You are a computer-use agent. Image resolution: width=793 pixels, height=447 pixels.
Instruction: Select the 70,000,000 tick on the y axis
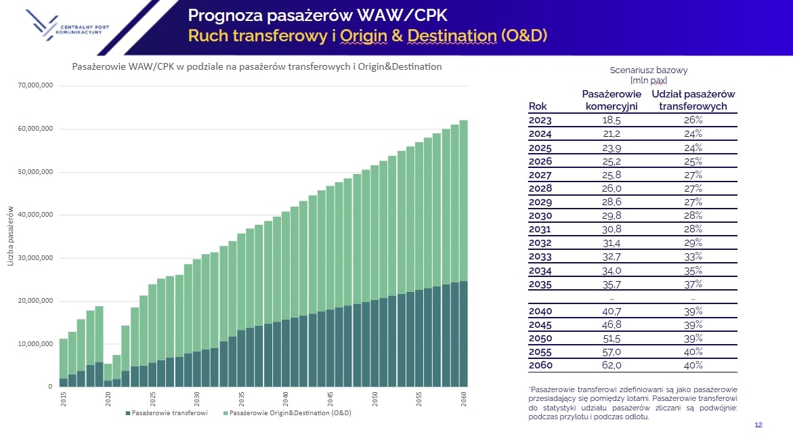coord(35,86)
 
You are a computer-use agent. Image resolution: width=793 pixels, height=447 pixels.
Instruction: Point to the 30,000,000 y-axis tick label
coord(35,258)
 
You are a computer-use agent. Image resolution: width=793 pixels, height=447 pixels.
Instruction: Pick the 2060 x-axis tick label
coord(464,397)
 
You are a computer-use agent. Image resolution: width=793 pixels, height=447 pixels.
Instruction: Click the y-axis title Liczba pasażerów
coord(11,236)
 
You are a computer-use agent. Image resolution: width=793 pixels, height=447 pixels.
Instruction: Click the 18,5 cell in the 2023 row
coord(612,121)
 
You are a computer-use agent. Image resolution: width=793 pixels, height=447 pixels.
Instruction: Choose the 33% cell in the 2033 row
coord(693,257)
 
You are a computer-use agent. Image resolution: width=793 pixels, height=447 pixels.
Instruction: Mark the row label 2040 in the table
coord(540,312)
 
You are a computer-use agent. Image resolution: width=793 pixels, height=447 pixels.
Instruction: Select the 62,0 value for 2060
coord(612,366)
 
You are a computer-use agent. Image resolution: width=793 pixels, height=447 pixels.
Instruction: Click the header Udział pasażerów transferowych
coord(693,100)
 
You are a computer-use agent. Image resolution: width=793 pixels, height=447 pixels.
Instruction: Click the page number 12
coord(758,425)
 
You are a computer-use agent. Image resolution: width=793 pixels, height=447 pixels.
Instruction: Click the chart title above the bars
coord(257,67)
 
